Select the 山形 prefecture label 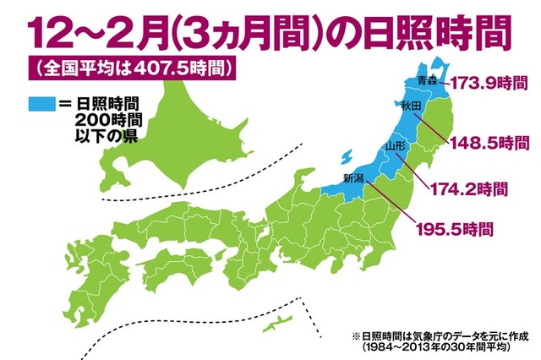(395, 148)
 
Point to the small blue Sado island (344, 158)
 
